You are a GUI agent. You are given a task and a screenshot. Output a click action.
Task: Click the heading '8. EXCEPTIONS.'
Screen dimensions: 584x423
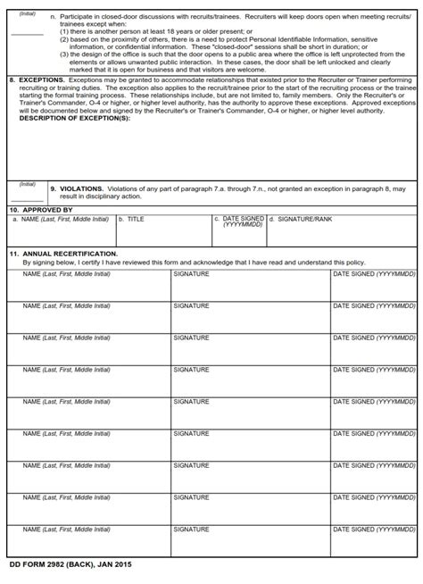pyautogui.click(x=36, y=79)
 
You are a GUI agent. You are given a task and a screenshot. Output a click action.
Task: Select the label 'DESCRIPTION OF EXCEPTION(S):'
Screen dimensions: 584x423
pyautogui.click(x=74, y=118)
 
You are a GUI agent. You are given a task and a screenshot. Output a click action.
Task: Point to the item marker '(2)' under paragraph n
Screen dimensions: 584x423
pyautogui.click(x=65, y=40)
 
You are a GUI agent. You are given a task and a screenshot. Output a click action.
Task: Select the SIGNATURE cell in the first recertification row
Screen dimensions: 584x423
pyautogui.click(x=250, y=286)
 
